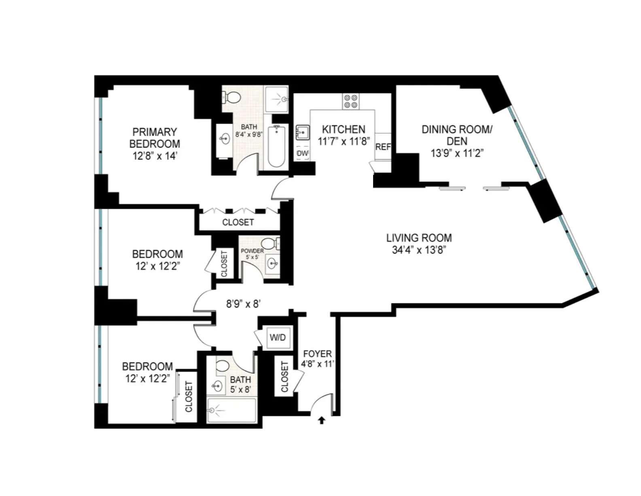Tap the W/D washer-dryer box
coord(278,338)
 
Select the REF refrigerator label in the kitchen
coord(383,147)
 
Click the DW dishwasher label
coord(302,153)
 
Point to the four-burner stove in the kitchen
coord(350,101)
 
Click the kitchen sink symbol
coord(302,132)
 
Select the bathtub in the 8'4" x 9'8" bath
coord(277,147)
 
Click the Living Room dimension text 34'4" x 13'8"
coord(419,250)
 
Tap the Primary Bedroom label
coord(155,138)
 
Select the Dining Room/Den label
coord(457,135)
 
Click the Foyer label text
coord(317,354)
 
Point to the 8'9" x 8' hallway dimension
coord(243,304)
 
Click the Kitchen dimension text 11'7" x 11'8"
coord(344,141)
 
